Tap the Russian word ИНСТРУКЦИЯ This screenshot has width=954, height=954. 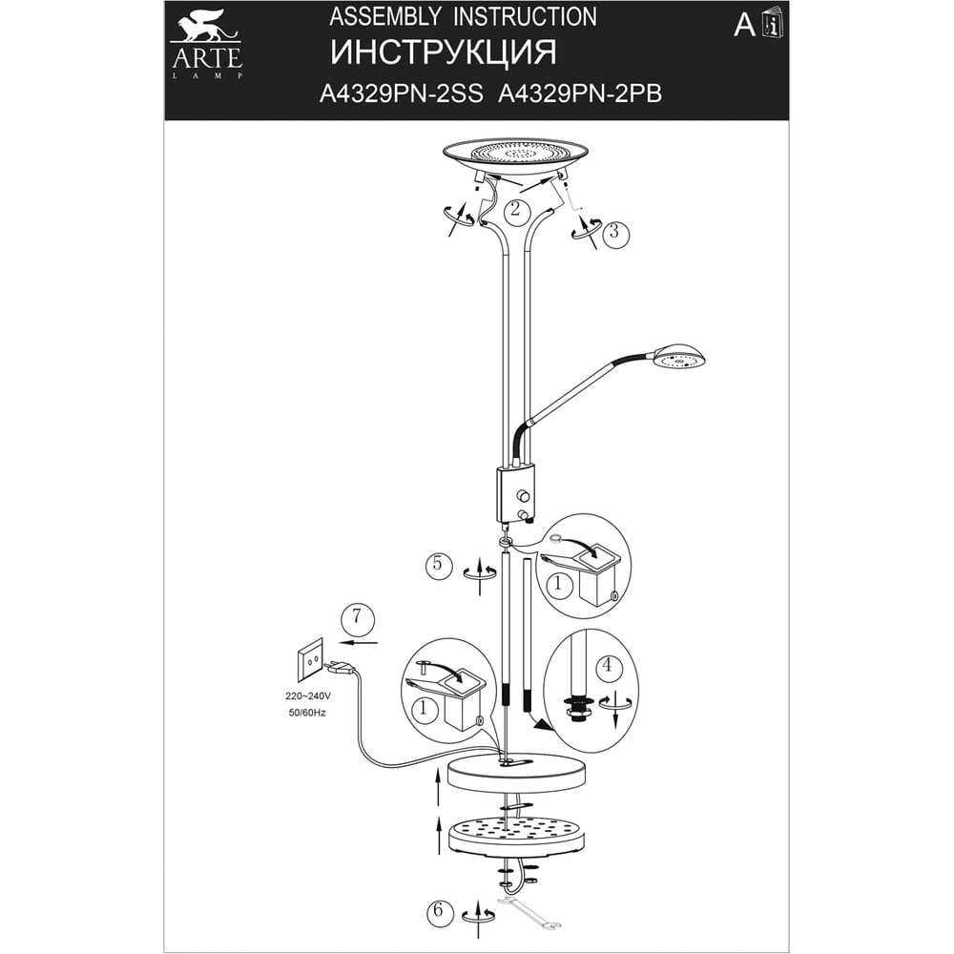(x=443, y=52)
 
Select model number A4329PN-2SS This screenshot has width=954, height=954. (x=402, y=93)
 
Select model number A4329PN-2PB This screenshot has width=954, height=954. (x=580, y=93)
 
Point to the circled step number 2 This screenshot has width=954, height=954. (x=515, y=210)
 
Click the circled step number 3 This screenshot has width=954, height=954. (x=615, y=233)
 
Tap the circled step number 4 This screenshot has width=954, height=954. (x=607, y=666)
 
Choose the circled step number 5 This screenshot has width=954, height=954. (x=438, y=565)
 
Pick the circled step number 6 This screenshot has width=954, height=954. (x=440, y=912)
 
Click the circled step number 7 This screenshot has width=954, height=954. (x=357, y=617)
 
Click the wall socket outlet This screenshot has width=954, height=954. (x=310, y=659)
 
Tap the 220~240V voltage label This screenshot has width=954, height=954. (x=308, y=695)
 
